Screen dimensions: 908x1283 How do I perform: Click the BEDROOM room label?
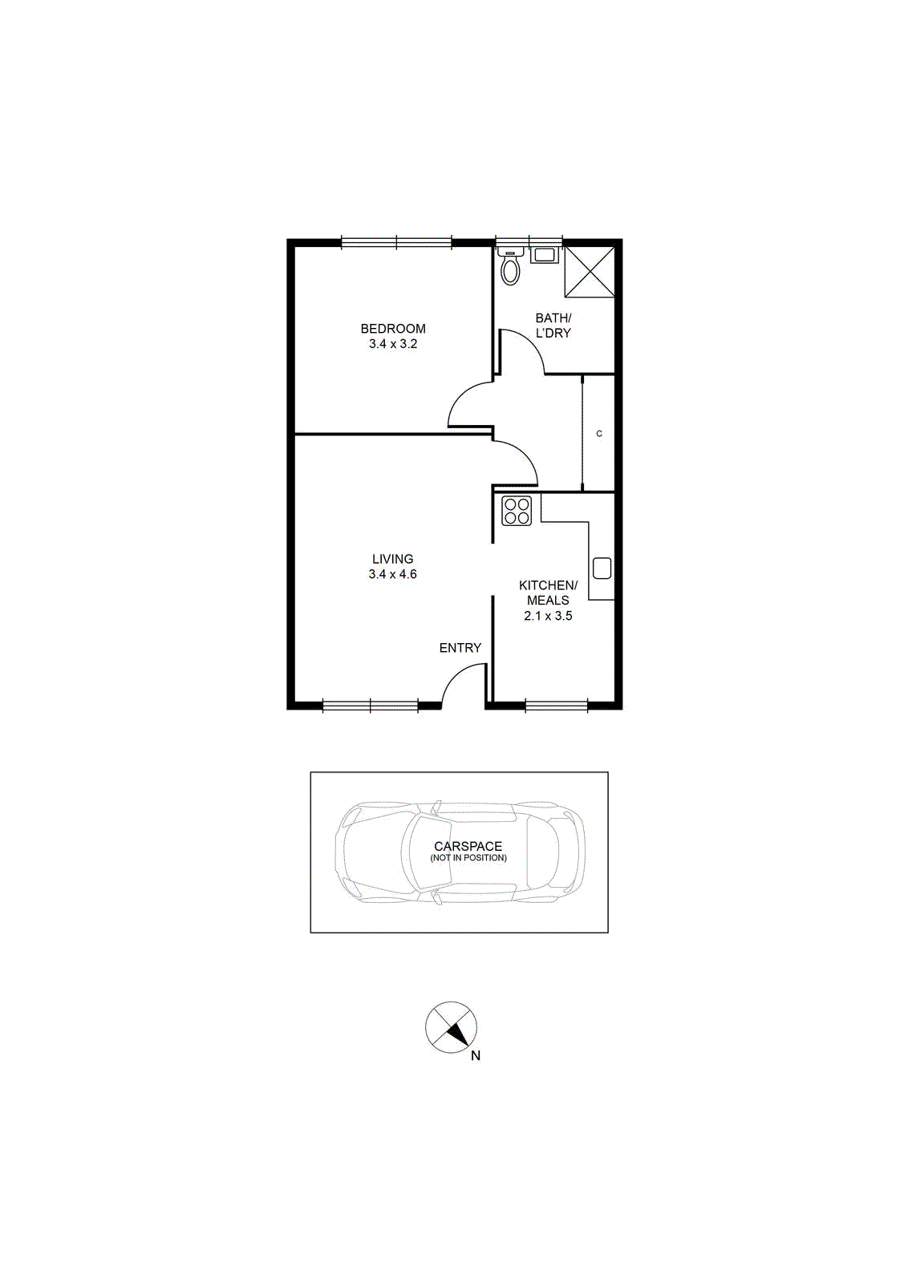(x=393, y=329)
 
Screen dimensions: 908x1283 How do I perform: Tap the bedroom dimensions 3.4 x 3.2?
(x=393, y=344)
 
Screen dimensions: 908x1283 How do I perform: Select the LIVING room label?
(x=392, y=559)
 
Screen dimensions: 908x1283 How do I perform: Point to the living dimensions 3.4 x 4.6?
(x=392, y=574)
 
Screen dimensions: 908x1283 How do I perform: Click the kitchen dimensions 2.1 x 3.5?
(x=548, y=617)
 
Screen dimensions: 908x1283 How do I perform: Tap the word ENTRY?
(x=460, y=648)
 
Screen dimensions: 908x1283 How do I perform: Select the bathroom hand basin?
(x=542, y=255)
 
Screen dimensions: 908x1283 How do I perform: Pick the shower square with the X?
(x=590, y=272)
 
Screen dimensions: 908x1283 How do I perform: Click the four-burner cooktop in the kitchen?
(x=517, y=511)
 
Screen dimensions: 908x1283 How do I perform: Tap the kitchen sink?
(x=602, y=569)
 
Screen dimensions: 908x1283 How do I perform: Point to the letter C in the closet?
(x=599, y=434)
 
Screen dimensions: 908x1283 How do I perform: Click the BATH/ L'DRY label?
(x=553, y=326)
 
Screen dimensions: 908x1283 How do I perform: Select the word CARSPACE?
(x=468, y=846)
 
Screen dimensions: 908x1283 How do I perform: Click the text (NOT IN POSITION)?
(x=468, y=858)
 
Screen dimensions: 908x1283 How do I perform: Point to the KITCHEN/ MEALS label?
(x=548, y=593)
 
